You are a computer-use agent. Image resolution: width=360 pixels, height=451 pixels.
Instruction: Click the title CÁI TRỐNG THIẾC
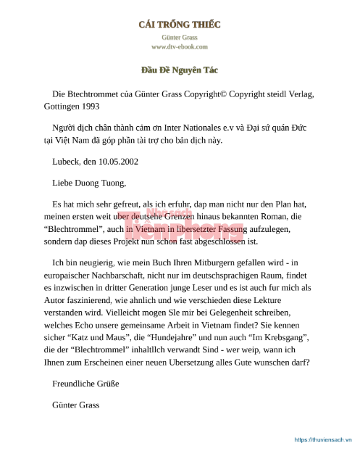point(180,24)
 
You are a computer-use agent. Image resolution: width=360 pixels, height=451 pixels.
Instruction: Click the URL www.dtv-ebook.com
point(180,46)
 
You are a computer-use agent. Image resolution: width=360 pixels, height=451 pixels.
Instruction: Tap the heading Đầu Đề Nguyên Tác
point(180,70)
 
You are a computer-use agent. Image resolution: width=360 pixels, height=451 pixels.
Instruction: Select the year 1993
point(90,105)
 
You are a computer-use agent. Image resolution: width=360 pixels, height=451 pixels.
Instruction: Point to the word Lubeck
point(67,162)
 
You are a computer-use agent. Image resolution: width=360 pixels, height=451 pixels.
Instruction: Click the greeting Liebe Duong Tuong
point(83,183)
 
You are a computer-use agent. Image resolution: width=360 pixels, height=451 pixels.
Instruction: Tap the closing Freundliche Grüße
point(85,384)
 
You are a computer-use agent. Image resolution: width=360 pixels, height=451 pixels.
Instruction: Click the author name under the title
point(180,36)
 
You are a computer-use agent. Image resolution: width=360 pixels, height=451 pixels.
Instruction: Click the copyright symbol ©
point(223,94)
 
